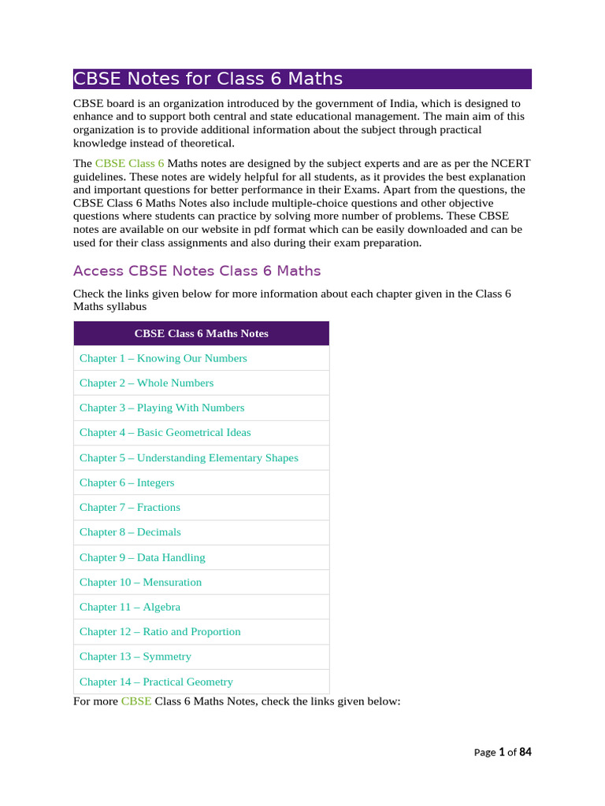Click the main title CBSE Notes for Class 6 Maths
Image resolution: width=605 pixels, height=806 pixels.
tap(208, 79)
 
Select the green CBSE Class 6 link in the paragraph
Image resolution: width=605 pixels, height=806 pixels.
tap(129, 163)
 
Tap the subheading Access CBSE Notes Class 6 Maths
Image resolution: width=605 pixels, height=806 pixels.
tap(197, 271)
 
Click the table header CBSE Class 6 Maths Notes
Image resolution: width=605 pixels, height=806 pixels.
tap(201, 333)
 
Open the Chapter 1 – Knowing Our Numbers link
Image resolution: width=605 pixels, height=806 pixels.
tap(163, 358)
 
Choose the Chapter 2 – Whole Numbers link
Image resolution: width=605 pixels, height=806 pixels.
tap(147, 383)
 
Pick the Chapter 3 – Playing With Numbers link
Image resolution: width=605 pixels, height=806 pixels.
tap(161, 408)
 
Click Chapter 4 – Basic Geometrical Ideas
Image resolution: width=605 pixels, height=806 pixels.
tap(165, 432)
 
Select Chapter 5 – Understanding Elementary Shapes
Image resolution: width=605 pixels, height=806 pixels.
tap(188, 457)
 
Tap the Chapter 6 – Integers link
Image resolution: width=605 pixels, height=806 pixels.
tap(127, 482)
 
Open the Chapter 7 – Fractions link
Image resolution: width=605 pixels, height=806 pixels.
tap(130, 507)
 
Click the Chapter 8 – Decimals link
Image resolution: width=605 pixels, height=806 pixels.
tap(130, 532)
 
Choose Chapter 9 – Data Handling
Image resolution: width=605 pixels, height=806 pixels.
tap(142, 557)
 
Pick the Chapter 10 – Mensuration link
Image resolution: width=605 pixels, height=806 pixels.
tap(140, 582)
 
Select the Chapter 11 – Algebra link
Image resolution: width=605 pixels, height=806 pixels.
tap(130, 607)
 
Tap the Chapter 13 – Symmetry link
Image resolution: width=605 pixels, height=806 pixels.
tap(135, 656)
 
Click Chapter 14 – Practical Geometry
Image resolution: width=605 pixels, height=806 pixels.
tap(156, 682)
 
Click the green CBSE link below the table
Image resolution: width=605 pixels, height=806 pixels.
tap(135, 701)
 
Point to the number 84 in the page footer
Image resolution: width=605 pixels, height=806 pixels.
tap(525, 752)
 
